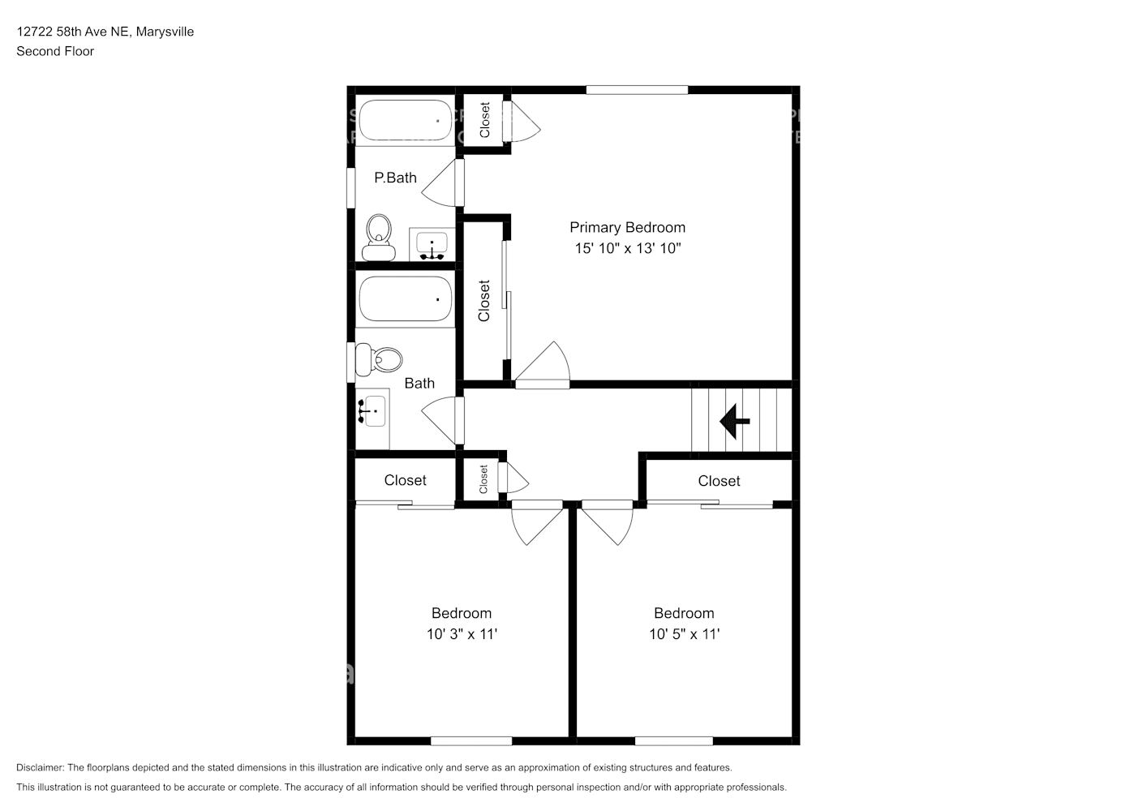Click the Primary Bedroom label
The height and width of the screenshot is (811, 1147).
627,227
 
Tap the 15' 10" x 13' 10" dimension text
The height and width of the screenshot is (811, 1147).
628,248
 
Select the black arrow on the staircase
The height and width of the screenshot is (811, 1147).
735,422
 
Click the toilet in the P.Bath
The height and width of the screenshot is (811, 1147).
378,238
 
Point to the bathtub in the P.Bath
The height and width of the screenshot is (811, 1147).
405,120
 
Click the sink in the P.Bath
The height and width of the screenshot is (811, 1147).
432,244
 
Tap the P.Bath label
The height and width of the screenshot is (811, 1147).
395,178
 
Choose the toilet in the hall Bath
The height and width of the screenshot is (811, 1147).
379,359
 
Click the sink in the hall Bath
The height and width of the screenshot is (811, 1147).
372,412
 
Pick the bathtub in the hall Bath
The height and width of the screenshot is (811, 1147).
405,299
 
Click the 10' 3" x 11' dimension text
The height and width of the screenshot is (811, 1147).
462,634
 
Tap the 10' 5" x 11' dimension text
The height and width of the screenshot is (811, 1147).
684,634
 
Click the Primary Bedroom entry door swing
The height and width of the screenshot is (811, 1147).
543,364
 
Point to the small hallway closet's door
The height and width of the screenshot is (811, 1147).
513,477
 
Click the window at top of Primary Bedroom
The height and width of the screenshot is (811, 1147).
637,90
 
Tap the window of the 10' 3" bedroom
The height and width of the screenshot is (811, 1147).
471,741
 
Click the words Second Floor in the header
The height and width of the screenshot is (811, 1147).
55,51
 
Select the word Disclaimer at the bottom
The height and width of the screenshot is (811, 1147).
40,767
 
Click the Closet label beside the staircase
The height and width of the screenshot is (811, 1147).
719,481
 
